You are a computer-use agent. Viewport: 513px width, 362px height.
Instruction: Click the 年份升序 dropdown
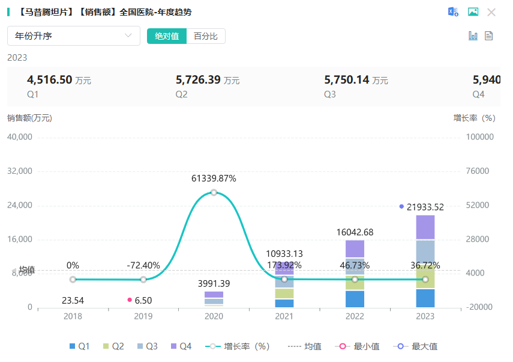tap(73, 36)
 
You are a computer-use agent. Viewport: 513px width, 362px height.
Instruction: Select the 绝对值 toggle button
tap(167, 36)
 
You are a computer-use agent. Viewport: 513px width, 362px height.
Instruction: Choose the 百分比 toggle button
tap(205, 36)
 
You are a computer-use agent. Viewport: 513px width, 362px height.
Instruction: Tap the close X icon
tap(491, 12)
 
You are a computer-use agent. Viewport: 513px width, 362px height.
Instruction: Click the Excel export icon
tap(454, 12)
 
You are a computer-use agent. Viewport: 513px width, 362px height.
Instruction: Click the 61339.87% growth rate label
tap(214, 179)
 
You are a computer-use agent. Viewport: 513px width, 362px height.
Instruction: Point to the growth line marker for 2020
tap(214, 192)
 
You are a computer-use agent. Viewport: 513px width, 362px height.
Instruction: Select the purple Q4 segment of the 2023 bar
tap(425, 227)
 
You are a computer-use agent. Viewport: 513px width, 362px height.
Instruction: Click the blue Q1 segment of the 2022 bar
tap(355, 299)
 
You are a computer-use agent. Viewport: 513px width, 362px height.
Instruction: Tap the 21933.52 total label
tap(425, 207)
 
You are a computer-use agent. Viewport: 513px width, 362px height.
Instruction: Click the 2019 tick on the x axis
tap(143, 316)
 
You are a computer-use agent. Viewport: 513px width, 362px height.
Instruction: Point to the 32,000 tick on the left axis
tap(19, 171)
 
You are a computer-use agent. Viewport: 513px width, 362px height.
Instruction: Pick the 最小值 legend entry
tap(361, 346)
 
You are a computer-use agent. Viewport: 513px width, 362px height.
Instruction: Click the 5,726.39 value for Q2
tap(197, 79)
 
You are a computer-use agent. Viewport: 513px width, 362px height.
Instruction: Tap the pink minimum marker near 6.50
tap(130, 299)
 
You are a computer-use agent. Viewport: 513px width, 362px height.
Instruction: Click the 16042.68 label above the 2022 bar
tap(355, 233)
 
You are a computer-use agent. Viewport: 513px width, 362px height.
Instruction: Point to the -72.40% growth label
tap(143, 265)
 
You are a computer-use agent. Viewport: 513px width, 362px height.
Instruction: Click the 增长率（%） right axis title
tap(474, 118)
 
